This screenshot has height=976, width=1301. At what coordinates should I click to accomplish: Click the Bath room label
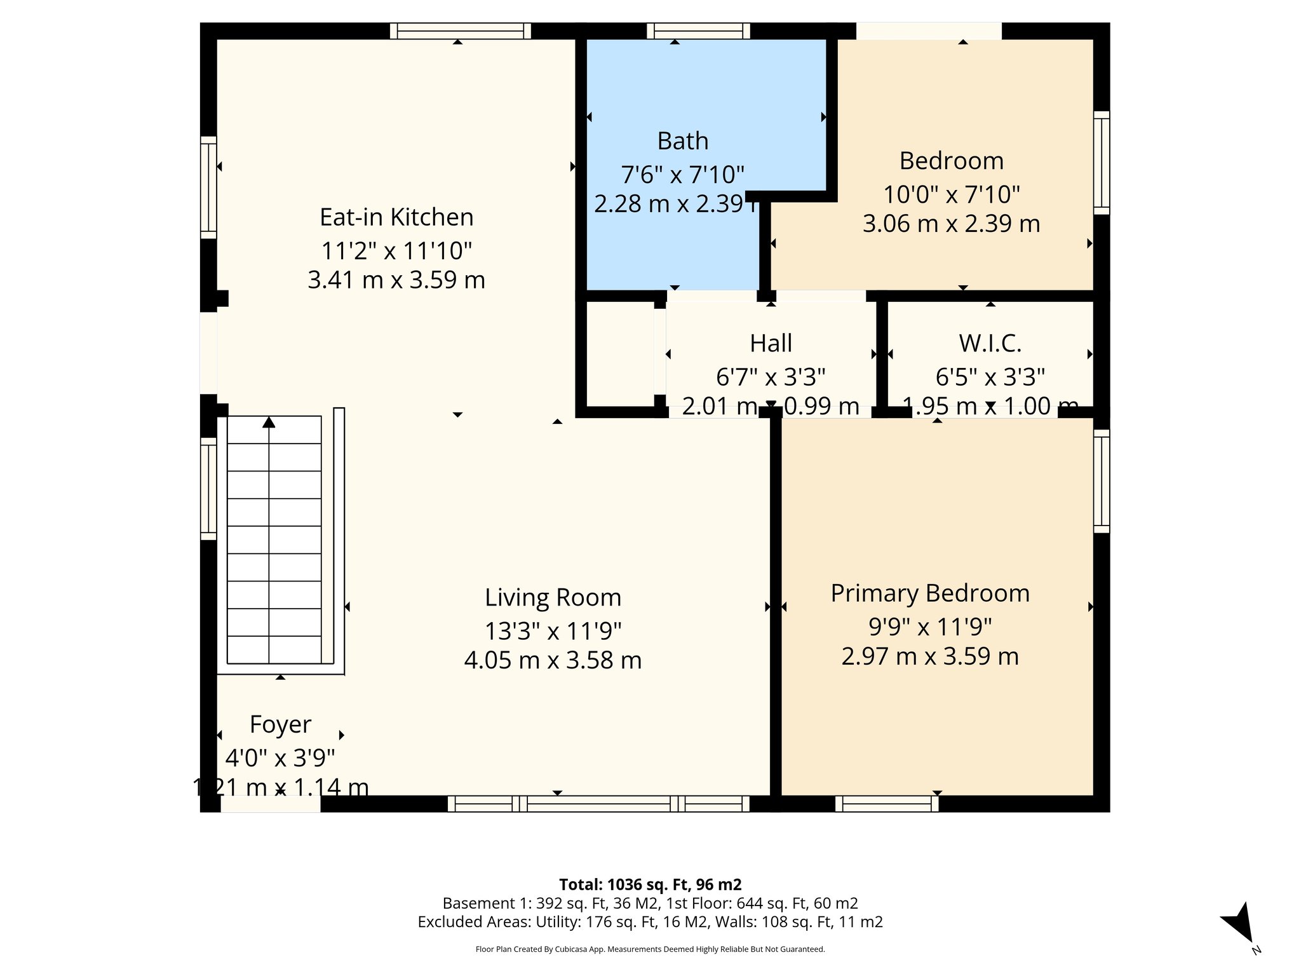[x=682, y=141]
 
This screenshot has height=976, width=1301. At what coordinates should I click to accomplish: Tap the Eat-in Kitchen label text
[x=396, y=217]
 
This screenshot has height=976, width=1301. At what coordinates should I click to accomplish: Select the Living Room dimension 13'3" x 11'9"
[x=553, y=631]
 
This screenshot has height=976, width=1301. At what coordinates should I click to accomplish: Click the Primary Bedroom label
[x=930, y=593]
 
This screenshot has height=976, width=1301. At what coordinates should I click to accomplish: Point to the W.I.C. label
[x=990, y=343]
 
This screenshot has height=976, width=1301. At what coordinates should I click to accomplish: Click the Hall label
[x=771, y=343]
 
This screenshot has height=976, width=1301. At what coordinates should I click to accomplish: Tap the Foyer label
[x=280, y=724]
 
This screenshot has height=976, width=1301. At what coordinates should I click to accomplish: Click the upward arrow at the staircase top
[x=269, y=422]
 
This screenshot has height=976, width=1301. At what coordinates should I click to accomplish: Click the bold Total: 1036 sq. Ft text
[x=650, y=884]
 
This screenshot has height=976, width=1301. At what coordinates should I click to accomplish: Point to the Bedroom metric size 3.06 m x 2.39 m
[x=951, y=224]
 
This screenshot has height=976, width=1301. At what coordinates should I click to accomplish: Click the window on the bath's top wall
[x=698, y=30]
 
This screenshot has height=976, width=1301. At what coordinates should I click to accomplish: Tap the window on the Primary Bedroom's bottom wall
[x=887, y=804]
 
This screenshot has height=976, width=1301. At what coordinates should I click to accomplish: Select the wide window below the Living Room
[x=598, y=804]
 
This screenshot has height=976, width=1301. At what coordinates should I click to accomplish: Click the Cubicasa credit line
[x=650, y=949]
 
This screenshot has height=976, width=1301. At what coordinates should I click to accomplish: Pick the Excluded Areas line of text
[x=650, y=922]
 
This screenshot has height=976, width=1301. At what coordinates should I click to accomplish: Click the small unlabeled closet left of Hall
[x=619, y=353]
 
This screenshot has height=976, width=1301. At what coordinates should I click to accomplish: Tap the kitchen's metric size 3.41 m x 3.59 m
[x=396, y=280]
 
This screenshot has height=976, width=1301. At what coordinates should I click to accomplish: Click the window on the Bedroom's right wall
[x=1101, y=163]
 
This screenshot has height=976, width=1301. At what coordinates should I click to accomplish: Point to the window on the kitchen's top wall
[x=460, y=30]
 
